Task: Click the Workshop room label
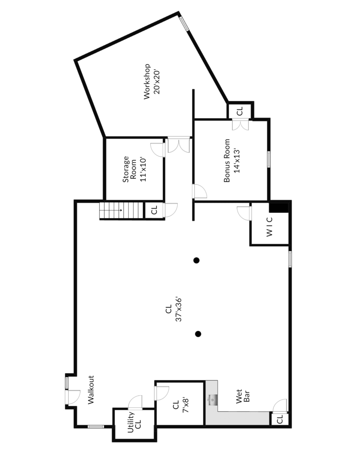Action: (x=147, y=82)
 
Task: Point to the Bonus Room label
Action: (x=227, y=160)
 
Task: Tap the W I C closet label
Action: (x=269, y=227)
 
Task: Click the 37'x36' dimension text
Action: (x=179, y=309)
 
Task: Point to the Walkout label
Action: (x=91, y=389)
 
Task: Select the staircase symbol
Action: (x=121, y=210)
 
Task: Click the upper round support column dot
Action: (x=197, y=260)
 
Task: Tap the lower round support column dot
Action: (x=198, y=334)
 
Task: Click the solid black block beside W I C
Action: (x=278, y=208)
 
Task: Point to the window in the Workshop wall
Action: (x=184, y=24)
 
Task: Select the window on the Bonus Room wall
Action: (x=269, y=159)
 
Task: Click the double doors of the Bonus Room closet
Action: (x=240, y=125)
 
